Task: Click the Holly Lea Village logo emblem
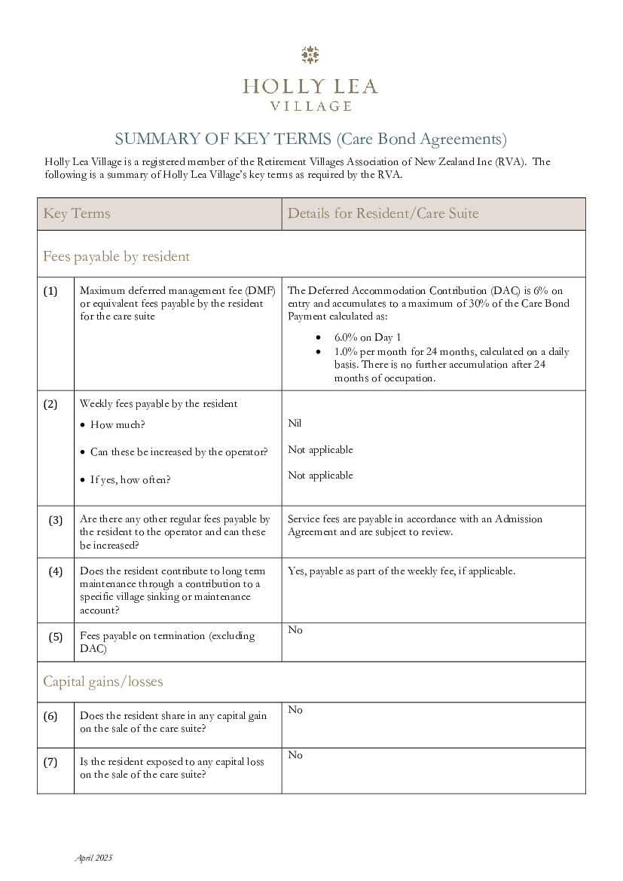click(310, 55)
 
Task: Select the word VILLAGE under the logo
click(310, 106)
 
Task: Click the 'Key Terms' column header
click(77, 213)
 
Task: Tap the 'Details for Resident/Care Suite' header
click(383, 213)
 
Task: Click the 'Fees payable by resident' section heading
click(116, 256)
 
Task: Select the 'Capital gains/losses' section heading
click(102, 681)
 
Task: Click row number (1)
click(50, 291)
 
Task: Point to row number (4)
click(56, 571)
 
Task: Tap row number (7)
click(50, 761)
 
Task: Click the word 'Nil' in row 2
click(295, 424)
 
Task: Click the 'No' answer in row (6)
click(295, 710)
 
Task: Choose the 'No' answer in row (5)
click(295, 630)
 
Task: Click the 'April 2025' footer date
click(93, 858)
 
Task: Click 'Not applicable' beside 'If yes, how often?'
click(320, 476)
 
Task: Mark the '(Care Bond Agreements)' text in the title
click(421, 139)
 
